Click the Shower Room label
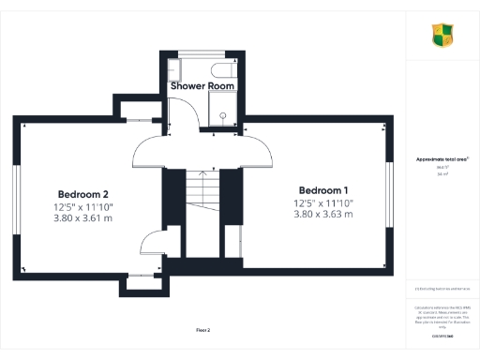pyautogui.click(x=202, y=85)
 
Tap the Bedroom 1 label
pyautogui.click(x=322, y=188)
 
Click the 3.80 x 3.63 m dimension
pyautogui.click(x=322, y=215)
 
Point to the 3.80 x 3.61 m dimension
pyautogui.click(x=83, y=217)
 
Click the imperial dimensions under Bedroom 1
pyautogui.click(x=322, y=202)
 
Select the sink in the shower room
pyautogui.click(x=173, y=68)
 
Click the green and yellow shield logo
pyautogui.click(x=442, y=36)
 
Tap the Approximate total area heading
pyautogui.click(x=442, y=159)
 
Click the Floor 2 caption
pyautogui.click(x=202, y=330)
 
